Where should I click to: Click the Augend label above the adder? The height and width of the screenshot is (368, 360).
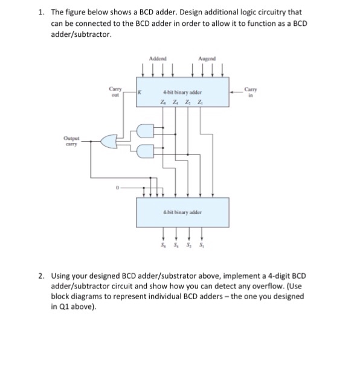point(206,59)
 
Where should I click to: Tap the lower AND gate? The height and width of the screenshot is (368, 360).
point(146,150)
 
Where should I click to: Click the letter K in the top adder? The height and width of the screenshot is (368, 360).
point(139,92)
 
